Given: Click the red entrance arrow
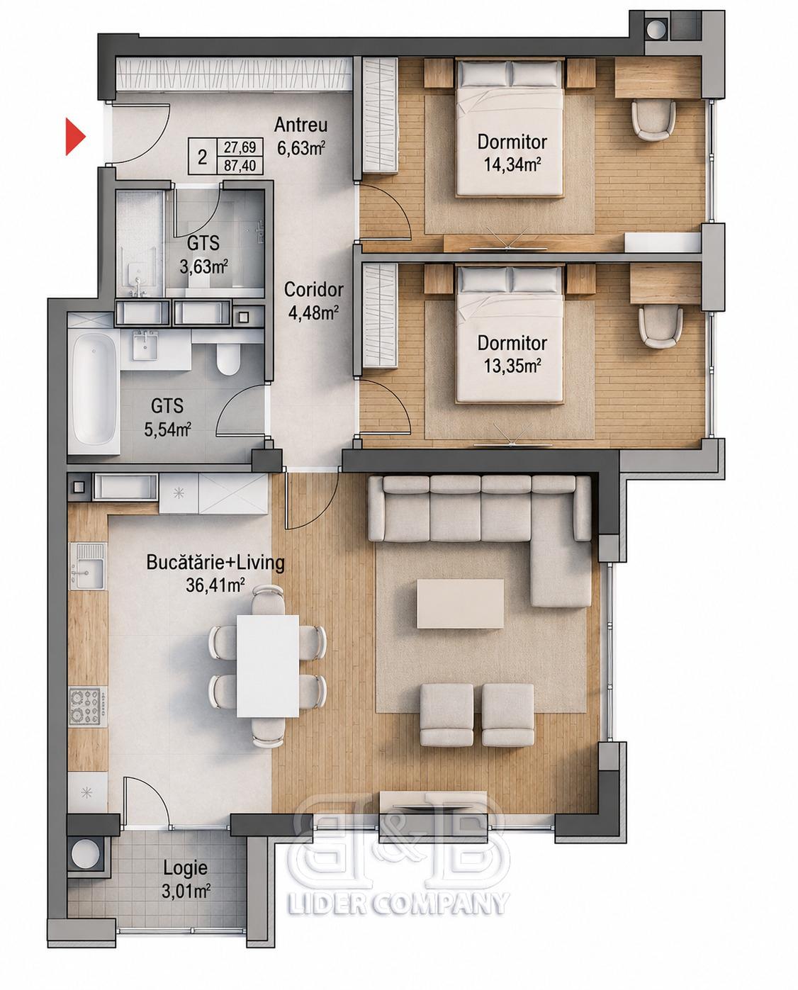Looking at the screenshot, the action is (x=75, y=137).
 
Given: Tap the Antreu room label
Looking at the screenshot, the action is (x=300, y=125).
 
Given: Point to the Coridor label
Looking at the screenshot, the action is (x=313, y=290).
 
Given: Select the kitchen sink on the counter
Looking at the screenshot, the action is (x=87, y=566).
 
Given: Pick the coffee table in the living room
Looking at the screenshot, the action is (x=460, y=603).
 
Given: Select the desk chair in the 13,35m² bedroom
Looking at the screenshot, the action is (x=661, y=327).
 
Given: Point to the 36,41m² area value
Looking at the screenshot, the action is (x=215, y=585).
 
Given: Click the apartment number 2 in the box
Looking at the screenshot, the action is (x=202, y=158).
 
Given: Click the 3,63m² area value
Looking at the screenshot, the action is (x=204, y=266).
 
